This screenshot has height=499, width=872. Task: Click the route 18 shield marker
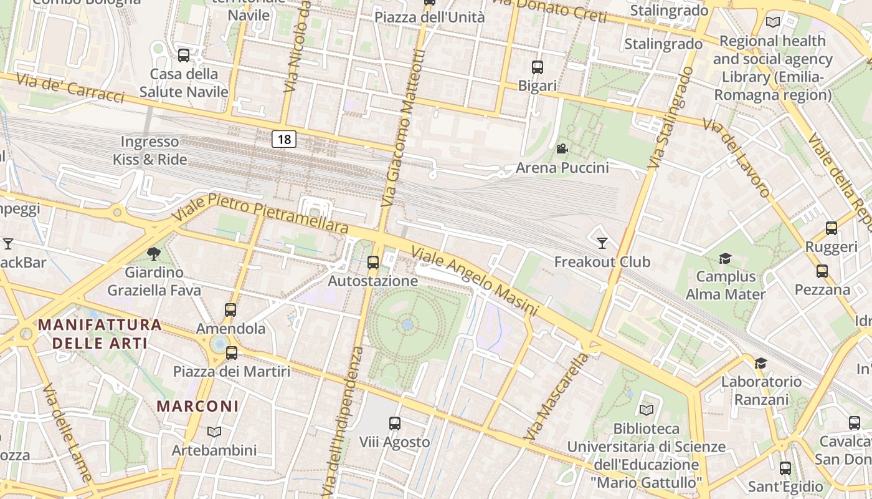pyautogui.click(x=284, y=139)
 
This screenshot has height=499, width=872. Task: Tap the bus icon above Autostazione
pyautogui.click(x=373, y=263)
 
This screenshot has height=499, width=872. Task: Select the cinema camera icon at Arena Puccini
pyautogui.click(x=562, y=148)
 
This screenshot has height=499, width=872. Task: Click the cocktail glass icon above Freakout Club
pyautogui.click(x=602, y=243)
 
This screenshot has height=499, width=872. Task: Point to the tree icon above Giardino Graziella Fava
pyautogui.click(x=154, y=253)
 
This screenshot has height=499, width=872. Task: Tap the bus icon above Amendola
pyautogui.click(x=230, y=309)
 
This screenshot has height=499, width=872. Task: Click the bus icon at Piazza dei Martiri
pyautogui.click(x=232, y=353)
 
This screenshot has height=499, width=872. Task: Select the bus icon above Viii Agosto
pyautogui.click(x=395, y=424)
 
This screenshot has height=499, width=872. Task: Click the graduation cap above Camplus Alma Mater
pyautogui.click(x=725, y=258)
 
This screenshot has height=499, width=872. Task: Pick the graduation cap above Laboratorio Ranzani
pyautogui.click(x=761, y=363)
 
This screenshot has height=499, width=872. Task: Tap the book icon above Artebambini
pyautogui.click(x=214, y=432)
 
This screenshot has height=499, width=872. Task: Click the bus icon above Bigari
pyautogui.click(x=538, y=67)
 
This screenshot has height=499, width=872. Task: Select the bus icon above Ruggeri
pyautogui.click(x=832, y=228)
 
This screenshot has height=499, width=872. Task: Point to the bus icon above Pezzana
pyautogui.click(x=822, y=271)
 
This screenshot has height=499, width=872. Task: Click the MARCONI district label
pyautogui.click(x=197, y=406)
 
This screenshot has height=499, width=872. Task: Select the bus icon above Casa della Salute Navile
pyautogui.click(x=184, y=55)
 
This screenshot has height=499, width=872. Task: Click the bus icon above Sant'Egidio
pyautogui.click(x=785, y=468)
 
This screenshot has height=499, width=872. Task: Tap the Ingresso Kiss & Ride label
pyautogui.click(x=150, y=151)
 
